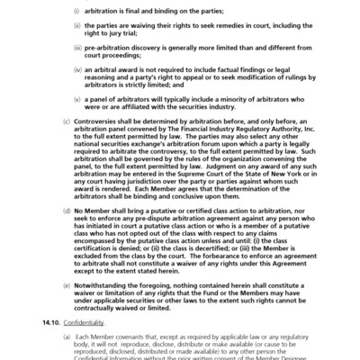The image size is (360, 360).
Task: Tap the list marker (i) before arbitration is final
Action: [101, 13]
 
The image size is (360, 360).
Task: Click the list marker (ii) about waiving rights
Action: [101, 29]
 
